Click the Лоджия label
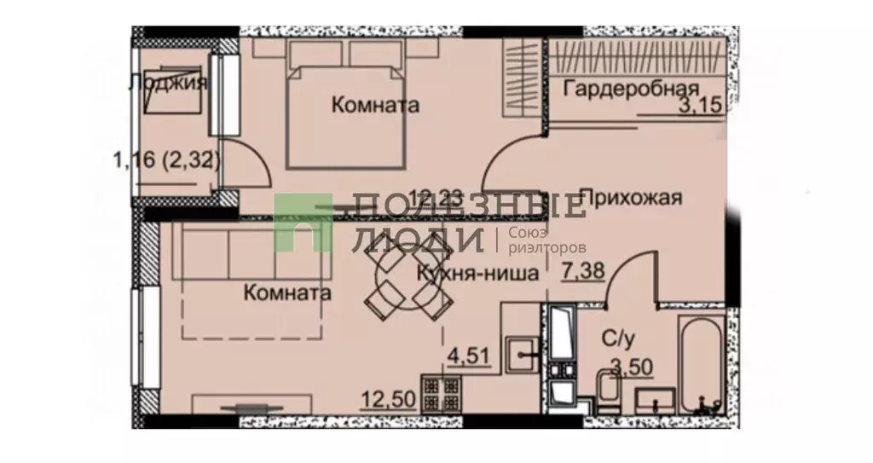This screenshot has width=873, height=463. coord(168,84)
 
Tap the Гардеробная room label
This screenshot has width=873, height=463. coord(632,88)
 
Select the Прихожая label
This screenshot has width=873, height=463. coord(632,198)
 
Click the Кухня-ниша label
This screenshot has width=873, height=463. coord(477,275)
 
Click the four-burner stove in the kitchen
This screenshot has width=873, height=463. coord(443,394)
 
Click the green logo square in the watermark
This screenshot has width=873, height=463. coord(304,221)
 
